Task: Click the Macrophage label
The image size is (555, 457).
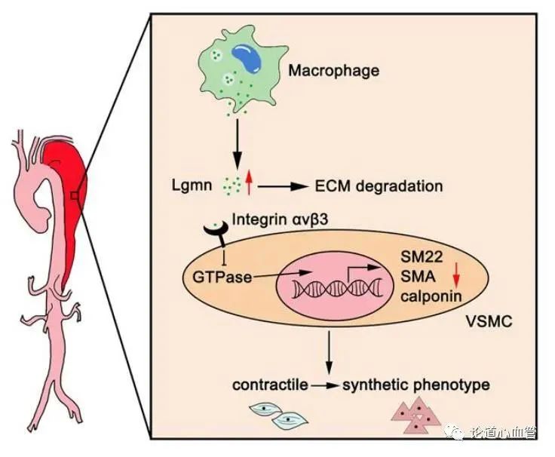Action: [x=334, y=72]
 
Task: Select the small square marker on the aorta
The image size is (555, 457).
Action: [x=74, y=196]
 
